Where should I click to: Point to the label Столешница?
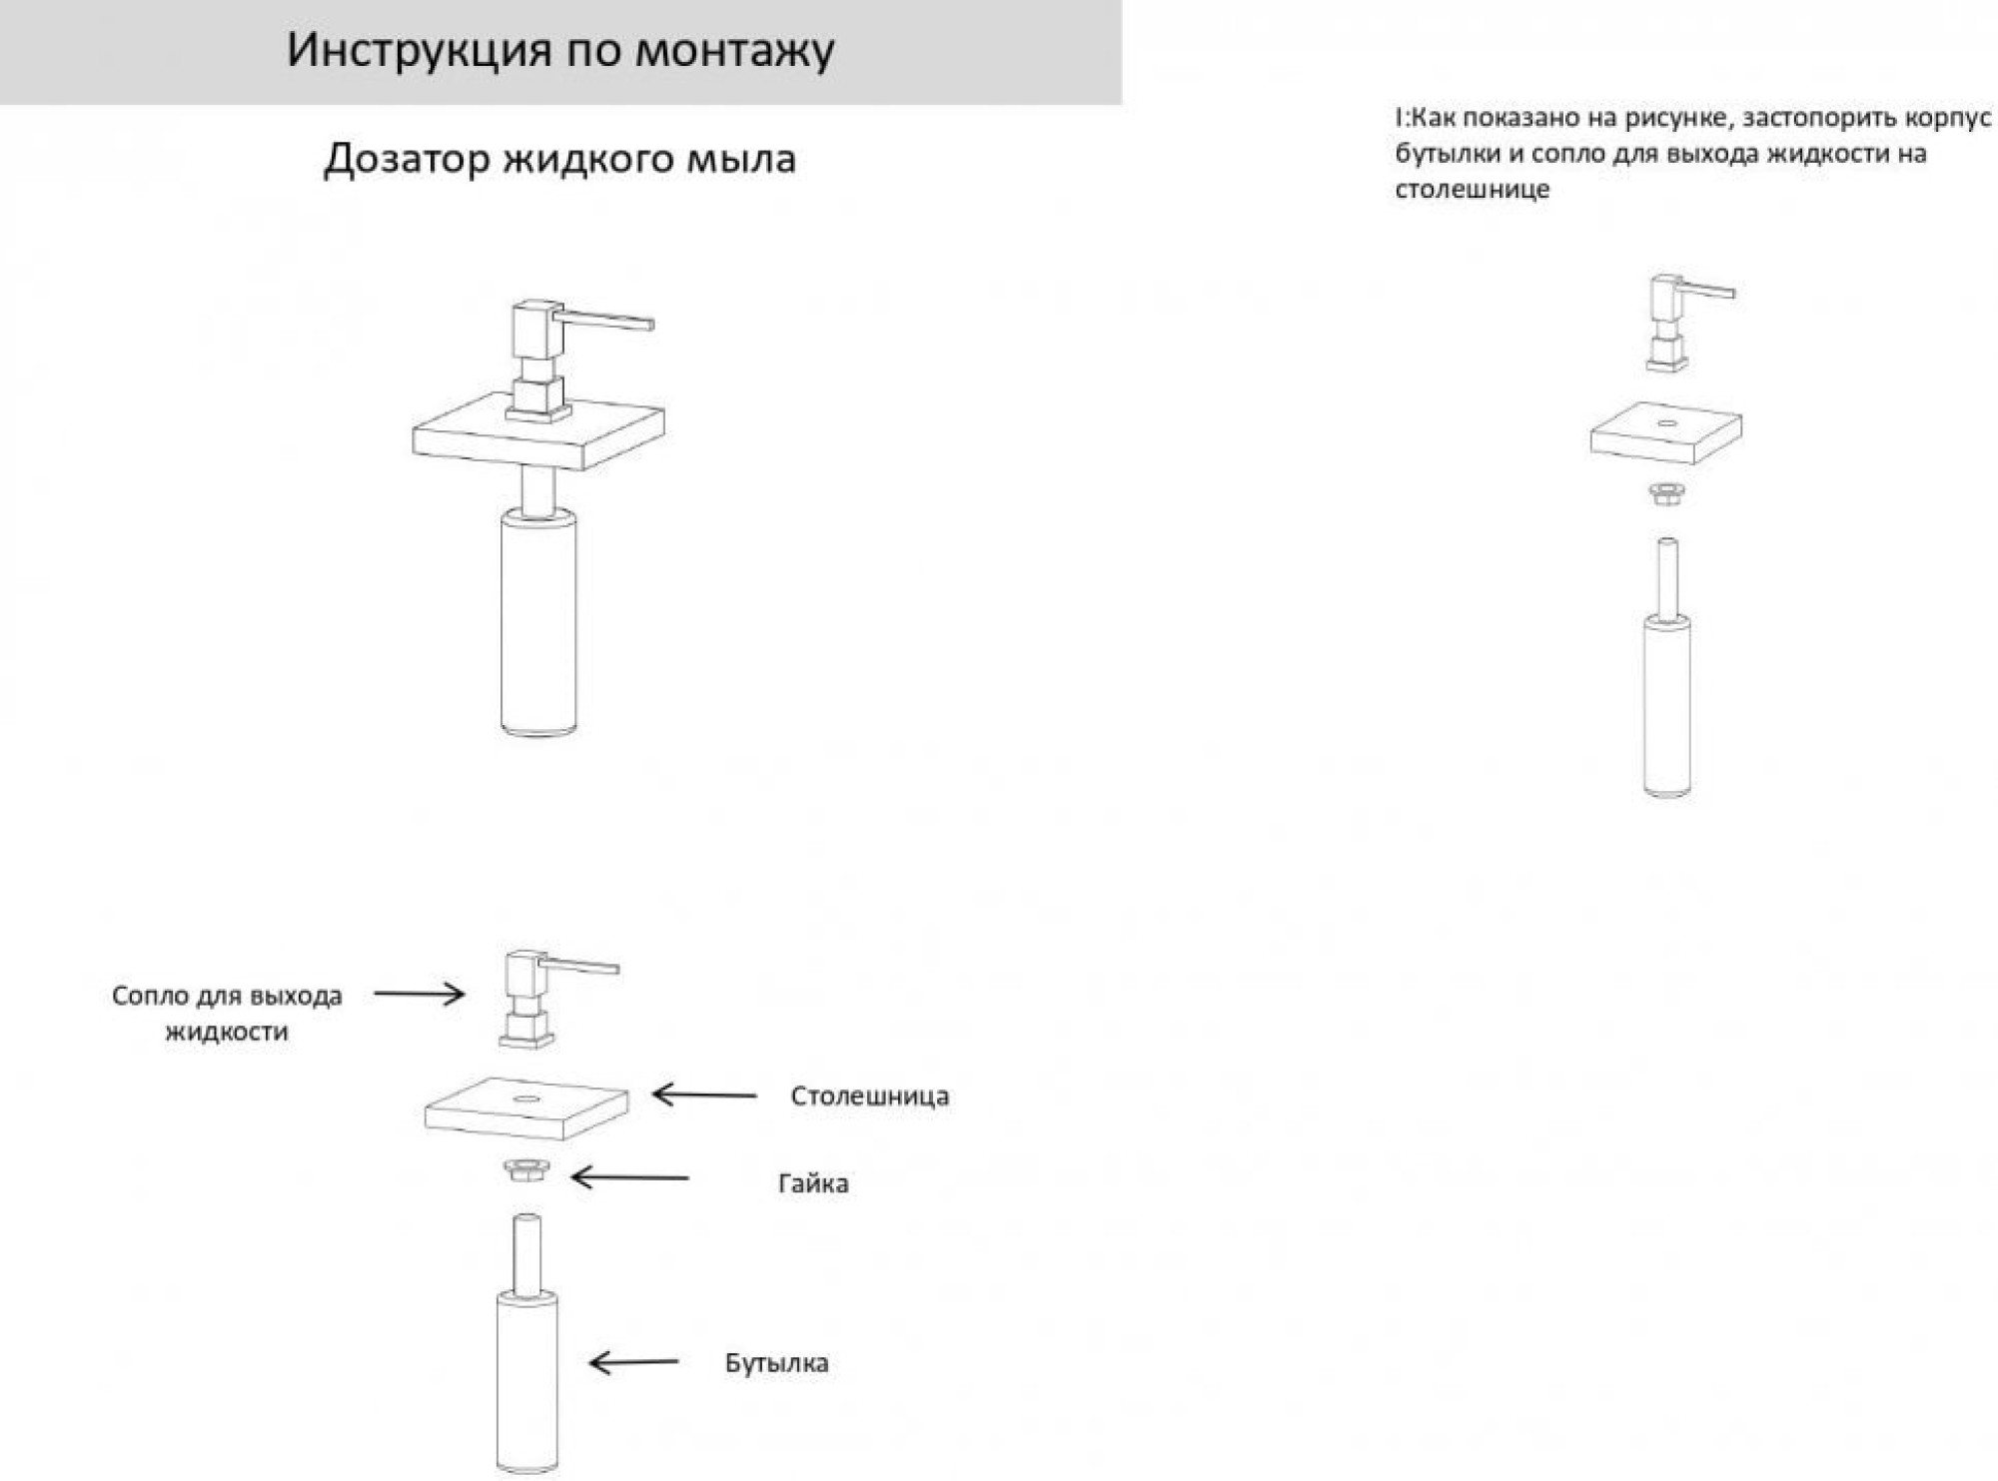click(869, 1096)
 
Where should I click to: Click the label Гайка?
click(813, 1183)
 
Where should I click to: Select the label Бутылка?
click(776, 1363)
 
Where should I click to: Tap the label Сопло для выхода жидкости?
click(227, 1013)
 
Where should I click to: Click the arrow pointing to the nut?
click(629, 1177)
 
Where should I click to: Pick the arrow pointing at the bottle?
click(633, 1362)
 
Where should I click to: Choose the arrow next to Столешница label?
click(703, 1095)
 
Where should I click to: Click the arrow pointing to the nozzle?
click(420, 994)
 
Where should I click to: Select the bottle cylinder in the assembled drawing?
click(538, 624)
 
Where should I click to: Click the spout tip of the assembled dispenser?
click(648, 324)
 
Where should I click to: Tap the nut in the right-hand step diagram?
click(1664, 493)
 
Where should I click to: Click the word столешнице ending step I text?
click(1472, 190)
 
